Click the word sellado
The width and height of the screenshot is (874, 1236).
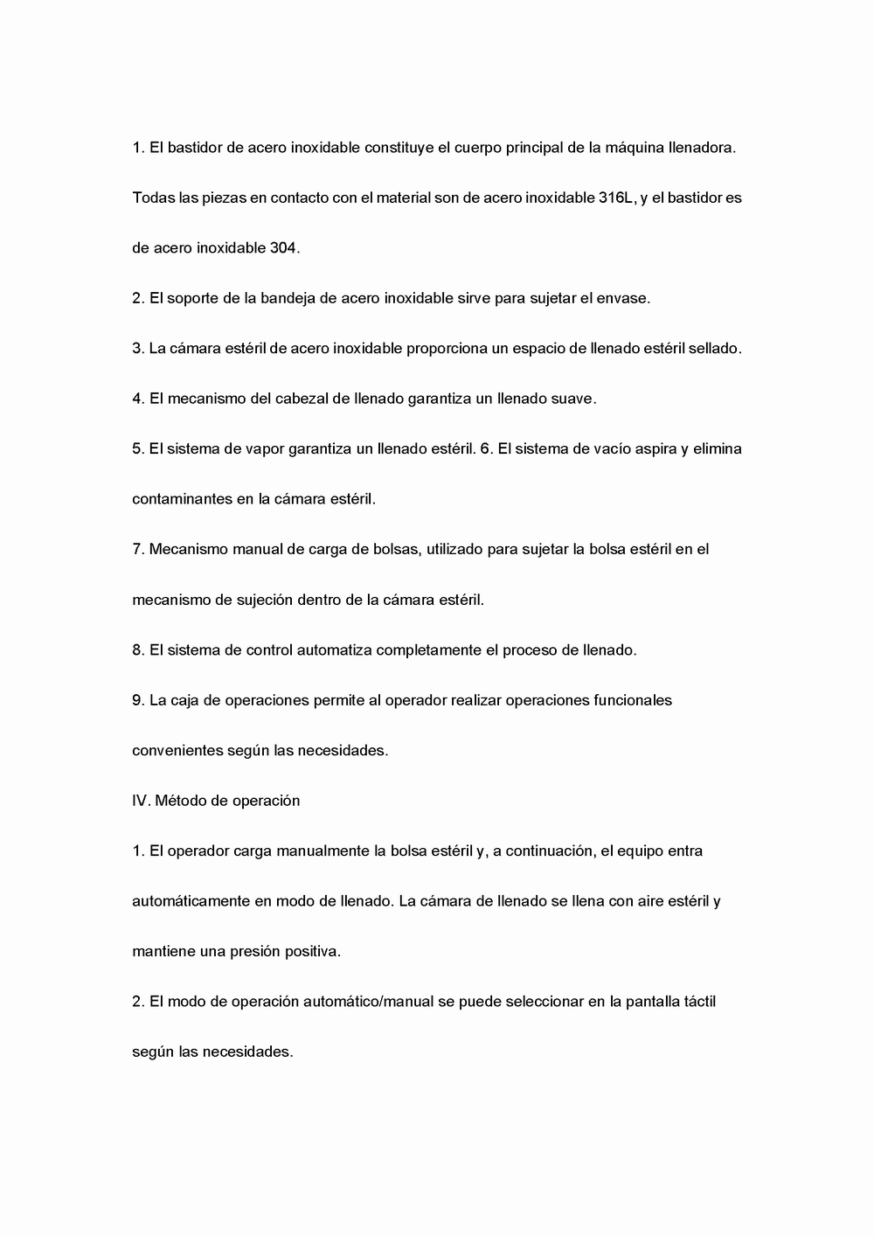[714, 348]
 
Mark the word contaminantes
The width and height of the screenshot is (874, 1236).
[182, 499]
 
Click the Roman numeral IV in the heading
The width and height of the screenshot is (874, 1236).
[140, 801]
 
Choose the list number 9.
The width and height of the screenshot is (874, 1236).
[137, 700]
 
